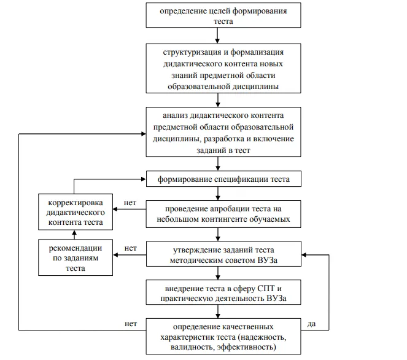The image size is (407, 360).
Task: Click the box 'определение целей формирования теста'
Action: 223,15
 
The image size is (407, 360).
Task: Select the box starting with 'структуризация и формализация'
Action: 223,68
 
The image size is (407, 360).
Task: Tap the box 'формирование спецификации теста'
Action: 223,179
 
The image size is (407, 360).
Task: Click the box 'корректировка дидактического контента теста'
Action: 76,212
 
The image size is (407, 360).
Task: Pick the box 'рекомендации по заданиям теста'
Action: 76,257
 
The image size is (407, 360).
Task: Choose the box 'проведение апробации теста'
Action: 223,214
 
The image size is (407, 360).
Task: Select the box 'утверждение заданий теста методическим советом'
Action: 223,254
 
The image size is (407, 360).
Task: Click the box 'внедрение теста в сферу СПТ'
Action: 223,292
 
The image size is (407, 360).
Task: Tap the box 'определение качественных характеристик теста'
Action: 223,337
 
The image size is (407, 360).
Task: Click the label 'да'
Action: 311,324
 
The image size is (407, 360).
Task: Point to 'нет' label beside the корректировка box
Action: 130,203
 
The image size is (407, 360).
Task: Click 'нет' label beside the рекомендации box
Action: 130,248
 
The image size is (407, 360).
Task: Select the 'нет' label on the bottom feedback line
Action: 131,324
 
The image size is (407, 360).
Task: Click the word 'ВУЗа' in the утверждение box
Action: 268,260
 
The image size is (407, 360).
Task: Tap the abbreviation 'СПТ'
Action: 266,288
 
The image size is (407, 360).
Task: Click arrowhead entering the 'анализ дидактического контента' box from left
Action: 144,134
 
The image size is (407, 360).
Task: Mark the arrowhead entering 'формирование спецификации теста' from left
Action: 144,179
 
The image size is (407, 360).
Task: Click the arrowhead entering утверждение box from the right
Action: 304,255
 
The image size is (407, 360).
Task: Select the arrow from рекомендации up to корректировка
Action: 74,235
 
